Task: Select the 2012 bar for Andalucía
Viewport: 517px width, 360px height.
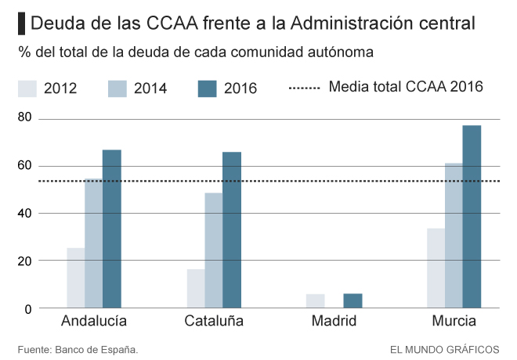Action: point(75,278)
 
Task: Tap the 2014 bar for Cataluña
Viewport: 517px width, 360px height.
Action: point(214,250)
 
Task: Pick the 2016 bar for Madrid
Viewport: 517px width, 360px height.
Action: point(352,301)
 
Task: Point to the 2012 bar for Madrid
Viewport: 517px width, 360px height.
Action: point(316,301)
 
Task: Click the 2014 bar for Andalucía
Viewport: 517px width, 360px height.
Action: point(94,243)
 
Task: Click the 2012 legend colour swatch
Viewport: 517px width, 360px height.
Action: point(27,88)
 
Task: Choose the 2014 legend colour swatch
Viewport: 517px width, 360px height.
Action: point(117,88)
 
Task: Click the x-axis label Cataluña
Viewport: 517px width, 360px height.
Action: point(214,321)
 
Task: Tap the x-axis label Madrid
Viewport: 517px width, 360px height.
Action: point(334,321)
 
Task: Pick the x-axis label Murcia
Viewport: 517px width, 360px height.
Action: point(454,321)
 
